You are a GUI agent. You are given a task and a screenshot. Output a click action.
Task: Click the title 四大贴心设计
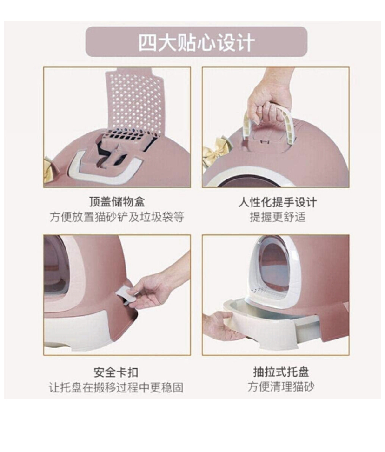pos(197,43)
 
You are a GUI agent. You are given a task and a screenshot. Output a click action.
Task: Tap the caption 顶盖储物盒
pos(117,201)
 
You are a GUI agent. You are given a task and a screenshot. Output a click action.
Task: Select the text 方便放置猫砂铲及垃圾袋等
pos(117,217)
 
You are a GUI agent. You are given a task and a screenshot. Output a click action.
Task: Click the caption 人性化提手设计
pos(277,202)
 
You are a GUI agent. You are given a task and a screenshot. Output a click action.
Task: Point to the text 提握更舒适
pos(278,217)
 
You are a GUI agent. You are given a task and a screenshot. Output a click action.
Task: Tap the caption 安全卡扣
pos(116,372)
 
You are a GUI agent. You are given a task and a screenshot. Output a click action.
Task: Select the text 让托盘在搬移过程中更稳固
pos(116,387)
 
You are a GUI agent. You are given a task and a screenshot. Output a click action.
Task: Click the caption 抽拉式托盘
pos(281,372)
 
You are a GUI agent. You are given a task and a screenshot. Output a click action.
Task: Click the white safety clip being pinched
pos(125,293)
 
